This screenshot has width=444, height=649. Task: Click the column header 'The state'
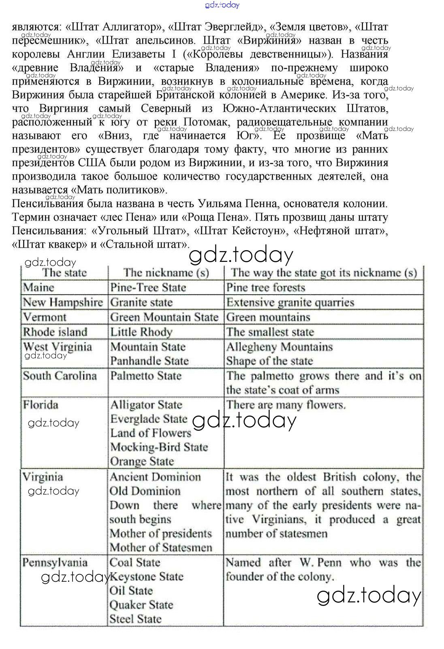tap(64, 272)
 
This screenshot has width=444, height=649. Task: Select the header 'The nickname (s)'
tap(166, 272)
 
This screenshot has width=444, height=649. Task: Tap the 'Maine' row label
tap(38, 287)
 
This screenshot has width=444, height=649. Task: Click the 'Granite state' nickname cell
tap(141, 302)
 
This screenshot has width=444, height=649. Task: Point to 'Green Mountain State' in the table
tap(164, 317)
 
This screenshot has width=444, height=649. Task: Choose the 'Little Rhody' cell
tap(141, 332)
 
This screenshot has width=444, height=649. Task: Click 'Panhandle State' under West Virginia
tap(149, 361)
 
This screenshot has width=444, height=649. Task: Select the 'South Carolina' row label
tap(60, 376)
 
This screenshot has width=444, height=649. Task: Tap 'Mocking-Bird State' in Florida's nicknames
tap(159, 447)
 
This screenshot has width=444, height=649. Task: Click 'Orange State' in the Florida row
tap(142, 461)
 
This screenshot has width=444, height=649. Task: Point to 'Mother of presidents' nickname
tap(161, 533)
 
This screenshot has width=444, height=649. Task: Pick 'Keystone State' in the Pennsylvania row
tap(146, 576)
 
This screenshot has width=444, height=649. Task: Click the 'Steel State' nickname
tap(135, 619)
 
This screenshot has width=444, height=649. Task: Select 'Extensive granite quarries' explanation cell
tap(290, 302)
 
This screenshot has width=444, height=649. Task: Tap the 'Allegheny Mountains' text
tap(279, 347)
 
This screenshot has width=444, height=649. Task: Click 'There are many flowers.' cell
tap(286, 405)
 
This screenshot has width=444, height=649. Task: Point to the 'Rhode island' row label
tap(55, 332)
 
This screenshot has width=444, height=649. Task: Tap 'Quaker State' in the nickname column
tap(141, 605)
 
